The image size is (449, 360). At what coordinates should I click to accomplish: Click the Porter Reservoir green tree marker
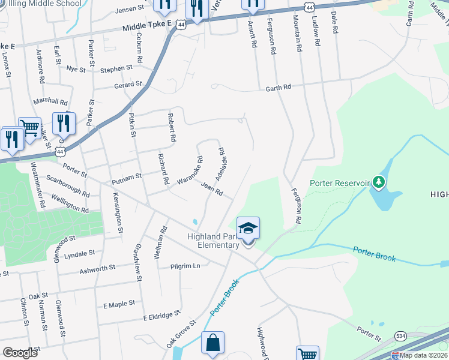(x=378, y=181)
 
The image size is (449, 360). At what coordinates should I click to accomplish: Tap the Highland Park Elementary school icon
(x=249, y=229)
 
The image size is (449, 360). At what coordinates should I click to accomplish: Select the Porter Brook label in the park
(x=373, y=254)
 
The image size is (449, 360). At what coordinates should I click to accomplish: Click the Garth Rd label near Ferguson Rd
(x=279, y=88)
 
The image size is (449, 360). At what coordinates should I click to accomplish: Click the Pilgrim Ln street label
(x=185, y=266)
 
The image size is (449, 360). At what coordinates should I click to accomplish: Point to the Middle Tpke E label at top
(x=147, y=26)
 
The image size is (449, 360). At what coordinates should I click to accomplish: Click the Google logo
(x=20, y=352)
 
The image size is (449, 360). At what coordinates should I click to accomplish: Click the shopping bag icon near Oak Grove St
(x=212, y=343)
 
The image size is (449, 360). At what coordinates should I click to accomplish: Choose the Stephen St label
(x=116, y=69)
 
